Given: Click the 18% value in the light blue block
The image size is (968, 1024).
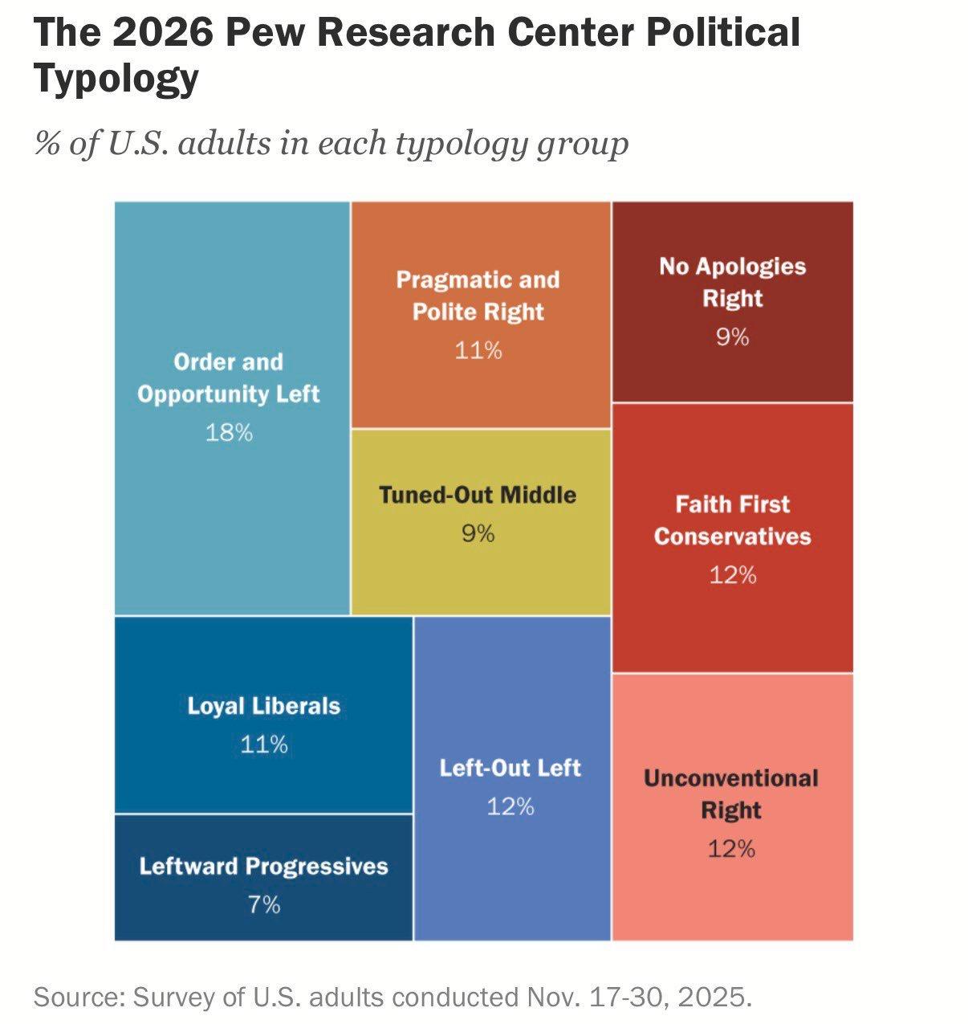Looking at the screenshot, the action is click(229, 432).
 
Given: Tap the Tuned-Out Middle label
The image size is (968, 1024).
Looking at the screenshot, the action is click(478, 495).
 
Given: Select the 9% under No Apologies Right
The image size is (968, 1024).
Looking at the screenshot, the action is click(733, 337).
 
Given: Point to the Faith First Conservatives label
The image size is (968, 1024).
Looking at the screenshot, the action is click(733, 520).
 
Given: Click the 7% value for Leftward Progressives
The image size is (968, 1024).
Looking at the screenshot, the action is click(264, 904).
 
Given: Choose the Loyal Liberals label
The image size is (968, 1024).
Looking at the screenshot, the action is click(264, 706).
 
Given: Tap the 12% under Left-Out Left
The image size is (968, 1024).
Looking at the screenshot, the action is click(510, 806).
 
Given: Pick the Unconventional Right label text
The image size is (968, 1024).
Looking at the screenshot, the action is click(731, 794).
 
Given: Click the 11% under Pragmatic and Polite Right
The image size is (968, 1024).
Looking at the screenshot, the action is click(478, 350).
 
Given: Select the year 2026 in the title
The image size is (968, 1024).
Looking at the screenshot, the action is click(162, 32).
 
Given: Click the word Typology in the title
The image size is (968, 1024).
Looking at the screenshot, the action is click(116, 78).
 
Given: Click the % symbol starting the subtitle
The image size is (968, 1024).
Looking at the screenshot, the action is click(47, 143).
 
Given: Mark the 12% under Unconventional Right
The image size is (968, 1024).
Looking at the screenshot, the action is click(731, 848).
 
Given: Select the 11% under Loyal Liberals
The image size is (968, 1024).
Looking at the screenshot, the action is click(264, 745).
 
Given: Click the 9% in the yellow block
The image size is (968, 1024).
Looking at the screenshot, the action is click(478, 533).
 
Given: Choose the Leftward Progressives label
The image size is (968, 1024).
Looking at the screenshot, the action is click(264, 866).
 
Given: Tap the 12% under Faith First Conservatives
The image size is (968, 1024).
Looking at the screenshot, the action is click(733, 575).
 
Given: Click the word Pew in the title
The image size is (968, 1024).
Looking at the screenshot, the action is click(266, 32).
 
